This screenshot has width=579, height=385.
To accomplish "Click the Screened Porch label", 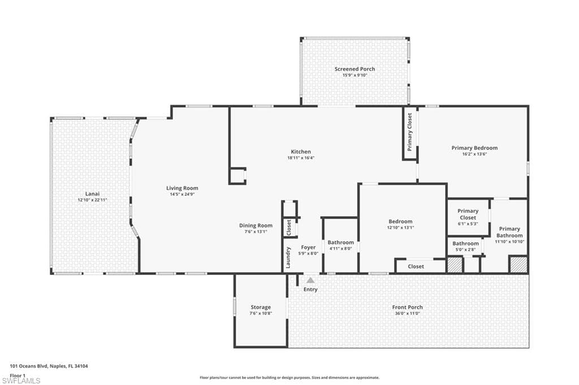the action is pos(355,69).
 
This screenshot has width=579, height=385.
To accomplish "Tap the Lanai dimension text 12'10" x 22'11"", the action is pos(92,200).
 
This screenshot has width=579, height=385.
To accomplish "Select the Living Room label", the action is pos(182,188).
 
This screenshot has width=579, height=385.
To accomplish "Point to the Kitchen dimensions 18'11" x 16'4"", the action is pos(301,158).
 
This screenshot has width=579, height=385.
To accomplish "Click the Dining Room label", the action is pos(256,225).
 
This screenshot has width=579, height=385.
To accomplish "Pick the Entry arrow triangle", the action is pos(310,280).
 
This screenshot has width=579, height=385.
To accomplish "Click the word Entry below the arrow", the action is pos(310,290).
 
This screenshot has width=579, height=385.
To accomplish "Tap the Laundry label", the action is pos(288,257).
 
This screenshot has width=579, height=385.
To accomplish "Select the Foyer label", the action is pos(308,247).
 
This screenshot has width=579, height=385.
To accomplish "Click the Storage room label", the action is pos(261,307).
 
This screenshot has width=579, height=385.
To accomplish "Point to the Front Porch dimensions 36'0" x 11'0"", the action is pos(407,313).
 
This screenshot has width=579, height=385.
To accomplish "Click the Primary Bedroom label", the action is pos(474,148).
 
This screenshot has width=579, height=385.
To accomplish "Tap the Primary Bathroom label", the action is pos(509,232).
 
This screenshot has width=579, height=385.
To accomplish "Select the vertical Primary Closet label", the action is pos(409,132).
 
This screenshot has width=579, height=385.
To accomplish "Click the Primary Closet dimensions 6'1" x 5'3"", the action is pos(468,224).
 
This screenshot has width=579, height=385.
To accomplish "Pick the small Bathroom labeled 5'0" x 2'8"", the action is pos(465,243).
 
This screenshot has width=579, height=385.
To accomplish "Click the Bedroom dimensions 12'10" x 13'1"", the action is pos(401,228).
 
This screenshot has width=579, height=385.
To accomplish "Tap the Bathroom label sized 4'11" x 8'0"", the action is pos(340,242).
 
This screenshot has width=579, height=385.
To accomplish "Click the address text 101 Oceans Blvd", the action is pos(29,366).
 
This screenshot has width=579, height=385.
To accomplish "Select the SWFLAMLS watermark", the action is pos(21,380).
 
